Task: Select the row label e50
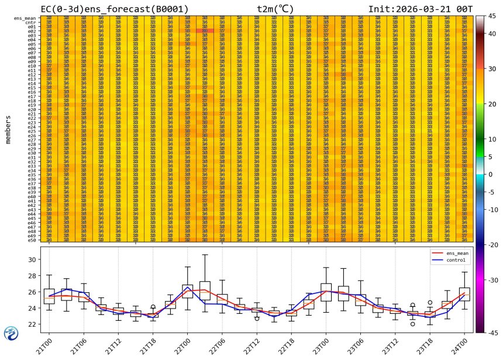(x=32, y=240)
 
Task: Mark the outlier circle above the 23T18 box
(x=430, y=303)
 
